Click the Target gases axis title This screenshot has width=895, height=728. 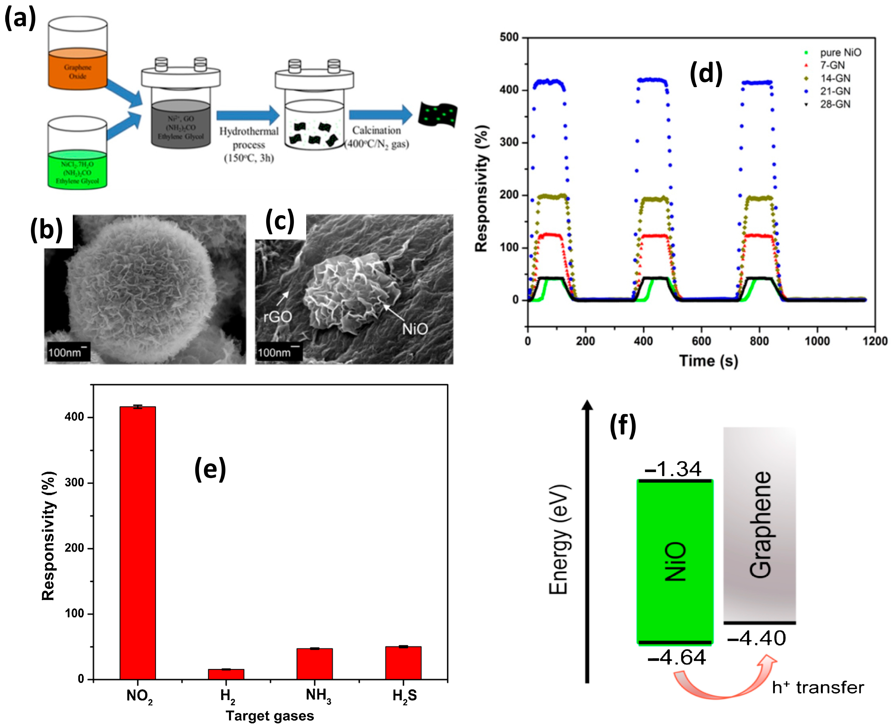coord(270,716)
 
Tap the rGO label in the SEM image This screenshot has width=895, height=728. coord(277,317)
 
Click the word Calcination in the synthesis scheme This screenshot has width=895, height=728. coord(376,130)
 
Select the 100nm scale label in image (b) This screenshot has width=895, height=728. coord(65,352)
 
